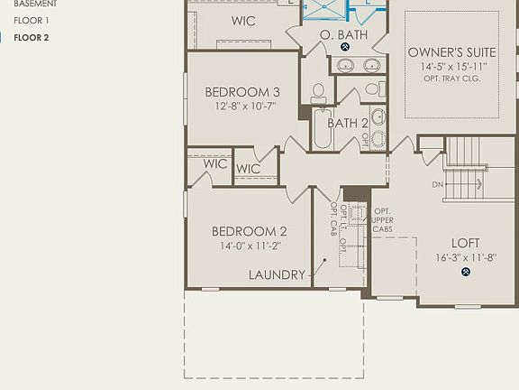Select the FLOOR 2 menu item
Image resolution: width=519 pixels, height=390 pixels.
32,37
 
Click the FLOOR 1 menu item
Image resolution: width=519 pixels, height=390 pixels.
32,20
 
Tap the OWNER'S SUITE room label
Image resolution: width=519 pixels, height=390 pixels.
451,52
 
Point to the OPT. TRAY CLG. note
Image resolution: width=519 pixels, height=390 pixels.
451,79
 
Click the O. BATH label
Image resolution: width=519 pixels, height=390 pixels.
343,34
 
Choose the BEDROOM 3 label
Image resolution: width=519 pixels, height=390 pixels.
241,92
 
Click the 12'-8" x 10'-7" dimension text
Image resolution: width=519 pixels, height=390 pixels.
244,106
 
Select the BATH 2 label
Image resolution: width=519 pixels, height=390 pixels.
347,123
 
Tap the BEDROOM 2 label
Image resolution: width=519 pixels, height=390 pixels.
250,231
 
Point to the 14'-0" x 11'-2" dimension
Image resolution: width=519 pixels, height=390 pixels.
250,246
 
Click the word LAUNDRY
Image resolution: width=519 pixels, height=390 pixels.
277,274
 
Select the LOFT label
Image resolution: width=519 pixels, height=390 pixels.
465,243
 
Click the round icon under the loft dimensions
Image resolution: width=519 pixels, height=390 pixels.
466,272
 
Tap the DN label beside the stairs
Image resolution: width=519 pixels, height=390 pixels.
438,184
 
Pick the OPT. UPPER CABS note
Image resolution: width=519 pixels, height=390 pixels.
383,220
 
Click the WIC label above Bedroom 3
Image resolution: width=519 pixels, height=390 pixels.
242,21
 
